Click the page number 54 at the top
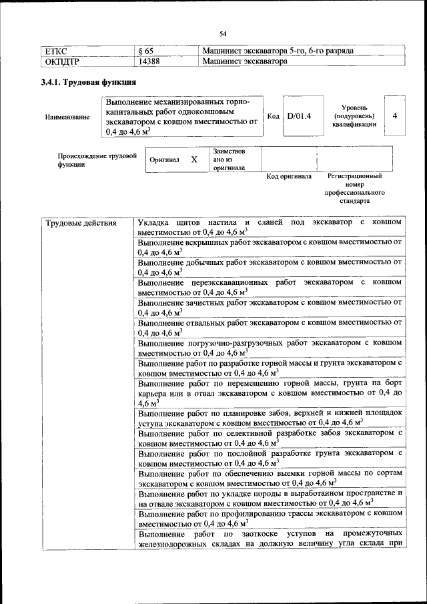[223, 33]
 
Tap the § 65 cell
[146, 51]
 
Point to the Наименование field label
[67, 117]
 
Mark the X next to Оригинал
[194, 160]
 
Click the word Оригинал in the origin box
[164, 160]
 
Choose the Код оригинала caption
[289, 177]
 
